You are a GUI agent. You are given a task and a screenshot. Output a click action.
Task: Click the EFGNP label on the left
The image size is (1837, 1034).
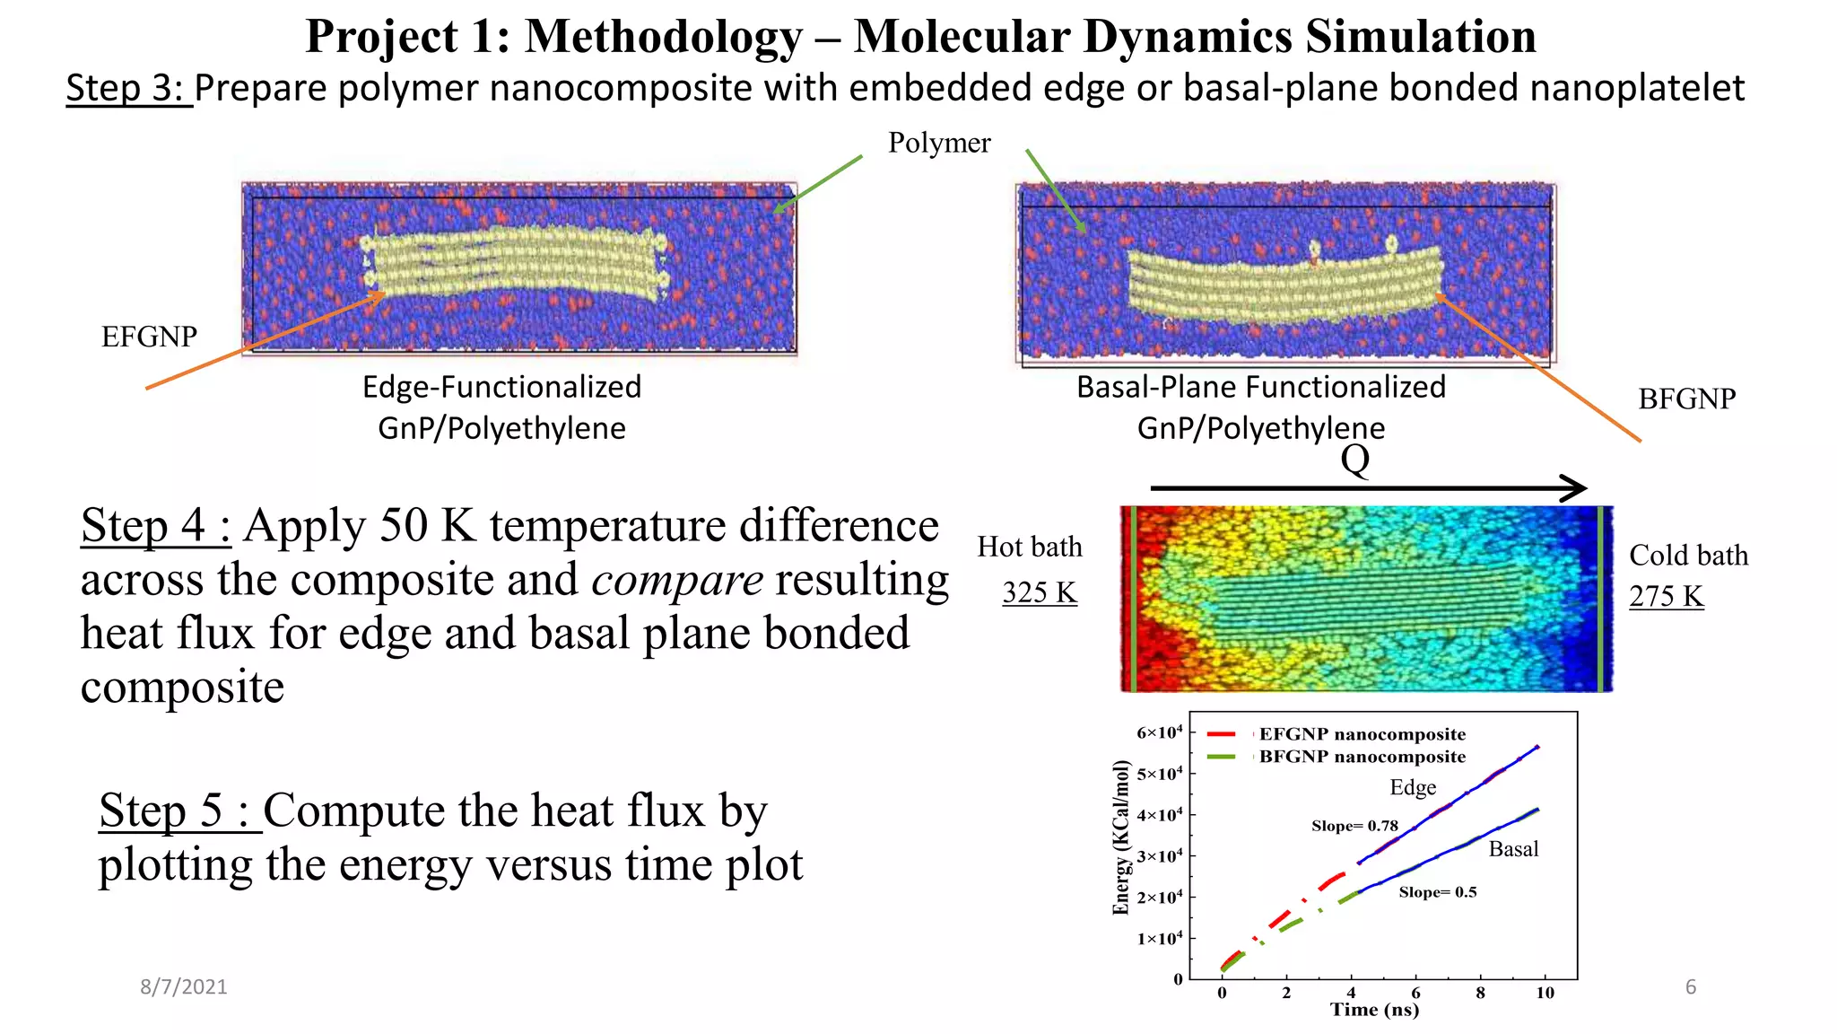point(149,337)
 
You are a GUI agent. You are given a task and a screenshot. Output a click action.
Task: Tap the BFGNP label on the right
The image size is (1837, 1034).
point(1686,399)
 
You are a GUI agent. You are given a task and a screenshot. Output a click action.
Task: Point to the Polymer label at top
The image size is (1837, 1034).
point(939,143)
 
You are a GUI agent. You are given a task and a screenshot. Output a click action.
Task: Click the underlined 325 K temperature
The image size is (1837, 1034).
point(1040,592)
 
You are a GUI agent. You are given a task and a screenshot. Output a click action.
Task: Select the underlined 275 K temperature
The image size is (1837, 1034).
point(1666,596)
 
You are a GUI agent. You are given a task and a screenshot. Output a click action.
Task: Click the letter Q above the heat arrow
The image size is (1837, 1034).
point(1354,460)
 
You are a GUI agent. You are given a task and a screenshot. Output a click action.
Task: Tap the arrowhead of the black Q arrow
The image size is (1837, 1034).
point(1574,488)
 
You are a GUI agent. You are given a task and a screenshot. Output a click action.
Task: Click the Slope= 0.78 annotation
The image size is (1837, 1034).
point(1354,826)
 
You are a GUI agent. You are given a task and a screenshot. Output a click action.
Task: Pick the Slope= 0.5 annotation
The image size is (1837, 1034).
point(1437,892)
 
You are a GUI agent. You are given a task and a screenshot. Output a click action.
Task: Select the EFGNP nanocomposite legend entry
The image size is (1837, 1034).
point(1362,734)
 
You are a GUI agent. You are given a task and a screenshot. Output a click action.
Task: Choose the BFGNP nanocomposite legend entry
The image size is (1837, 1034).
point(1362,757)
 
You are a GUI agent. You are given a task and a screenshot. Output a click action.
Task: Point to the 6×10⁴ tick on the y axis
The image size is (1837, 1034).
point(1160,732)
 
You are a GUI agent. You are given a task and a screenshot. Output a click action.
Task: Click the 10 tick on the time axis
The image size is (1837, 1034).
point(1545,993)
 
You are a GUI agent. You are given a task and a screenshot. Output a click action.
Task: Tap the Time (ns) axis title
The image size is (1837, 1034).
point(1374,1010)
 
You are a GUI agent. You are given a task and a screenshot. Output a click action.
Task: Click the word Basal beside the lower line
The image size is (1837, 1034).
point(1513,849)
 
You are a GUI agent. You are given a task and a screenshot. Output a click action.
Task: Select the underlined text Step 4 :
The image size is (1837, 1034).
point(156,526)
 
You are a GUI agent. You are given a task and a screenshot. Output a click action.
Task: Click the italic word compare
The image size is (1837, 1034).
point(677,580)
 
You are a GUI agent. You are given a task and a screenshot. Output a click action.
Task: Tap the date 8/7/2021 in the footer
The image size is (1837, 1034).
point(184,987)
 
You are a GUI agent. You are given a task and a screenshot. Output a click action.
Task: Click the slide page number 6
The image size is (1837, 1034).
point(1691,987)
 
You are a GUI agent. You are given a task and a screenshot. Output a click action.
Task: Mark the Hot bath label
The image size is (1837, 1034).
point(1030,547)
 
